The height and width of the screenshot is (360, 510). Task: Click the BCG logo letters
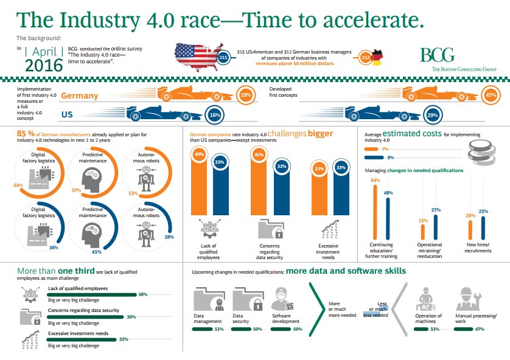(x=436, y=55)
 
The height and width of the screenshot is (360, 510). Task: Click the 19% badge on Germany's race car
(x=245, y=95)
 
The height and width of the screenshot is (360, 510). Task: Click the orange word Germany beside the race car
(x=80, y=96)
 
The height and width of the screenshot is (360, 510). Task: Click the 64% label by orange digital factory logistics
(x=18, y=185)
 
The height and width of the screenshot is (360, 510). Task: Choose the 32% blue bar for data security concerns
(x=281, y=192)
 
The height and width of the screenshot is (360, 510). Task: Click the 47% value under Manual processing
(x=478, y=329)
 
